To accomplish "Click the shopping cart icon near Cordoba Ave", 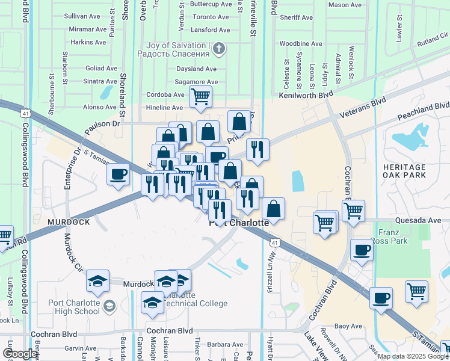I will point(200,96).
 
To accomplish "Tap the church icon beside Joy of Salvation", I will point(220,48).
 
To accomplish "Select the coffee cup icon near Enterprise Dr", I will point(118,174).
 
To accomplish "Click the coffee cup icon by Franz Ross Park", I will point(362,250).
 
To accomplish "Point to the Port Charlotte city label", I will point(239,223).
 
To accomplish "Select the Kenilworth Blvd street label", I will point(306,95).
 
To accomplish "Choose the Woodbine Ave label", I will point(301,44).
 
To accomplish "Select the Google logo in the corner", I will point(20,354).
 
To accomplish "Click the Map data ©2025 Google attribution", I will point(413,356).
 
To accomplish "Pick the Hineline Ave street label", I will point(164,108).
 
